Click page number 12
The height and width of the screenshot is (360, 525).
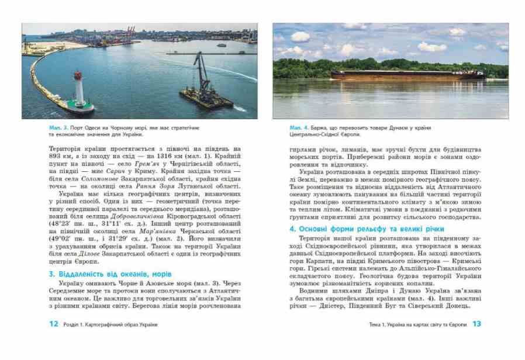[x=54, y=323]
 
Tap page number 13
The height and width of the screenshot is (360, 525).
[x=476, y=323]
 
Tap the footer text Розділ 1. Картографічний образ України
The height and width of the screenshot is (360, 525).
[x=110, y=324]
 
